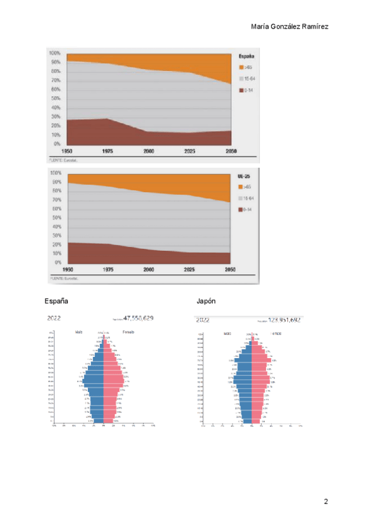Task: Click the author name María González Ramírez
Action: click(x=289, y=27)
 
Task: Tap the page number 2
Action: click(x=325, y=502)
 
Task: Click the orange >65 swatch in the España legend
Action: click(x=241, y=67)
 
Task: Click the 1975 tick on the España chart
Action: click(x=107, y=152)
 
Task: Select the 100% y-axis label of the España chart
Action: click(x=55, y=53)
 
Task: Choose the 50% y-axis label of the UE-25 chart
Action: click(x=56, y=218)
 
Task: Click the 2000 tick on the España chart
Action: click(x=148, y=152)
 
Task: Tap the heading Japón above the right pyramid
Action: click(x=206, y=301)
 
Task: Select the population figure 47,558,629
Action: click(x=138, y=318)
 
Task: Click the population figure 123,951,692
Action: click(x=285, y=320)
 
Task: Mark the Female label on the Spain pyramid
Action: click(x=129, y=332)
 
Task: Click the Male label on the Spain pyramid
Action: click(x=79, y=332)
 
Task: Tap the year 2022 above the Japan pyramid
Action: click(x=203, y=320)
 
